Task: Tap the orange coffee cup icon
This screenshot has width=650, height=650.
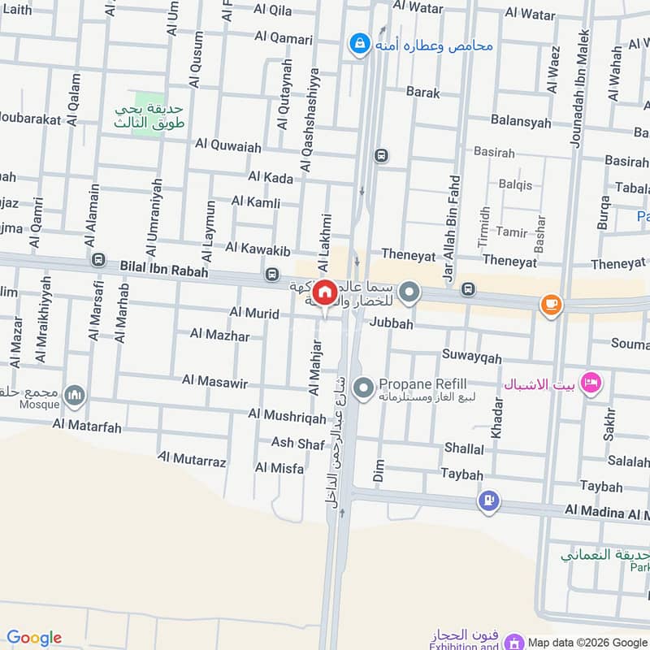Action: click(551, 305)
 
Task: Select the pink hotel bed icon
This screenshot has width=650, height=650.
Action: click(591, 381)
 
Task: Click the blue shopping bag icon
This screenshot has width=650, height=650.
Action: click(357, 43)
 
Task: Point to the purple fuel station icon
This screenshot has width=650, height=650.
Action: click(488, 500)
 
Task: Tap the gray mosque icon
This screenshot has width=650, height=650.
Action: click(76, 395)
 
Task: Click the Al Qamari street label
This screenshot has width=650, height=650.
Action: click(283, 37)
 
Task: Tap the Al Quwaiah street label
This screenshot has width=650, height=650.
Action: click(228, 146)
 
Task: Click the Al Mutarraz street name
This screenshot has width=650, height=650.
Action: click(192, 461)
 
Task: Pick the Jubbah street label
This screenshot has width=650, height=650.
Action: click(391, 323)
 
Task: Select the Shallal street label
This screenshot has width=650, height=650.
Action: click(464, 448)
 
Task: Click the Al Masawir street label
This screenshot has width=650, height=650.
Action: click(214, 380)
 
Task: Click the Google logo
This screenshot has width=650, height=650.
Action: click(33, 638)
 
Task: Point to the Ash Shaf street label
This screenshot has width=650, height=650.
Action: click(297, 443)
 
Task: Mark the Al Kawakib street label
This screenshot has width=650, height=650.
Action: click(258, 246)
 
